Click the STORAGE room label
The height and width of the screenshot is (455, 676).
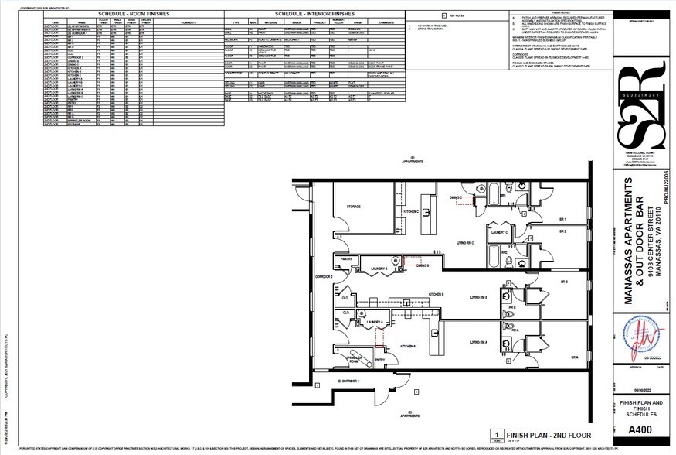pos(354,207)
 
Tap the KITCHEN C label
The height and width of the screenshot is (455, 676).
pos(410,211)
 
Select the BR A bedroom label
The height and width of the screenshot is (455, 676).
pos(575,357)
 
